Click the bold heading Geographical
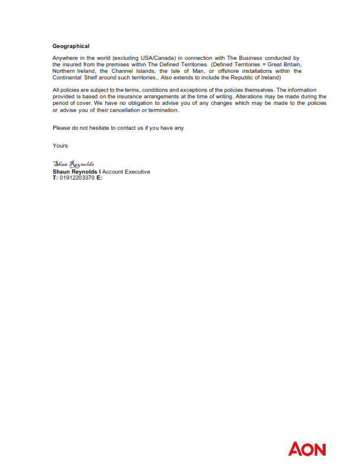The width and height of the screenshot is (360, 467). click(x=71, y=46)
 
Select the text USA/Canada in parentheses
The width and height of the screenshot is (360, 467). click(x=156, y=57)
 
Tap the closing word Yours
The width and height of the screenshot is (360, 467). click(x=60, y=145)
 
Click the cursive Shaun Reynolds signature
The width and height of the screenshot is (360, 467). click(x=73, y=164)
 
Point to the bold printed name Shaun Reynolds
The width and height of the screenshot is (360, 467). click(x=75, y=172)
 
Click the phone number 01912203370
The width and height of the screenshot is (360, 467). click(x=77, y=178)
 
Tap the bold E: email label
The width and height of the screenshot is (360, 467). click(x=99, y=178)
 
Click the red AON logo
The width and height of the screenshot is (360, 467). click(x=307, y=449)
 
